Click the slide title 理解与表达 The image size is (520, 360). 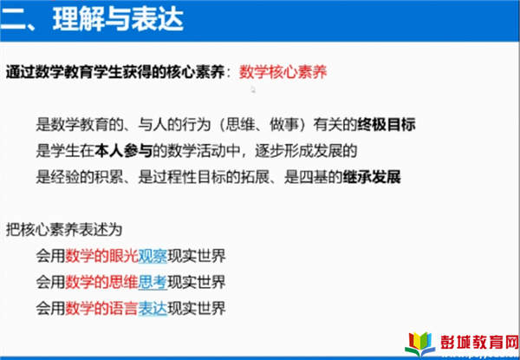pos(118,20)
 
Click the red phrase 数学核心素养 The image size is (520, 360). pos(283,72)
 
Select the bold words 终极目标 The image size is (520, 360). pos(387,125)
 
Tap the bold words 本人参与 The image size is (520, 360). pos(123,151)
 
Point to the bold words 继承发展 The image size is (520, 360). pos(372,177)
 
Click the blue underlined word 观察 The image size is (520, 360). pos(153,256)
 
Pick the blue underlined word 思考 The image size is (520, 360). pos(153,282)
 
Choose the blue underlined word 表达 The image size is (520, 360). pos(153,308)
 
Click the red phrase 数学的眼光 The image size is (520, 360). pos(101,256)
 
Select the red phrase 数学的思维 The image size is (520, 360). pos(101,282)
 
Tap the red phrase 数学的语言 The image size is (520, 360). pos(101,308)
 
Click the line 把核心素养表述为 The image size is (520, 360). pos(64,230)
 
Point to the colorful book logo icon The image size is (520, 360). pos(419,344)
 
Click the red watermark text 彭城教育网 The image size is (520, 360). pos(479,342)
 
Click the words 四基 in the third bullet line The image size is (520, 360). pos(314,177)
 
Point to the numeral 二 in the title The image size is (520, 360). pos(14,20)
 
